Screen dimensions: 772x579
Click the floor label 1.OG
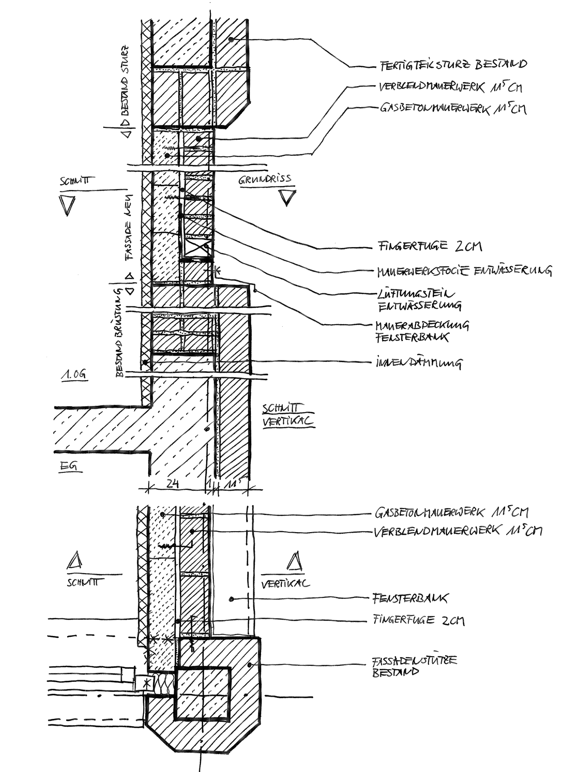tap(73, 375)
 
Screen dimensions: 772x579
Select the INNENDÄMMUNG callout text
tap(418, 362)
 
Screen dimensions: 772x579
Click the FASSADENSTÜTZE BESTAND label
tap(414, 666)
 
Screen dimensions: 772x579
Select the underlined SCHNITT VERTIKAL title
tap(288, 415)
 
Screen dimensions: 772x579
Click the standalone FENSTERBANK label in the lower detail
tap(410, 599)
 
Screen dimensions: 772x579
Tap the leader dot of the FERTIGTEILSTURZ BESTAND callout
tap(231, 39)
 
